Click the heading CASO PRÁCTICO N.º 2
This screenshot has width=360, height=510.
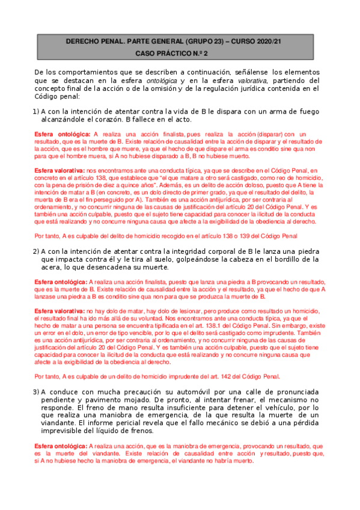coord(180,54)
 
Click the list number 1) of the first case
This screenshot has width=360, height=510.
coord(35,111)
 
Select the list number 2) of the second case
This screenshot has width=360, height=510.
coord(35,251)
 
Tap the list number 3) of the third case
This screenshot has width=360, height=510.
coord(35,392)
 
